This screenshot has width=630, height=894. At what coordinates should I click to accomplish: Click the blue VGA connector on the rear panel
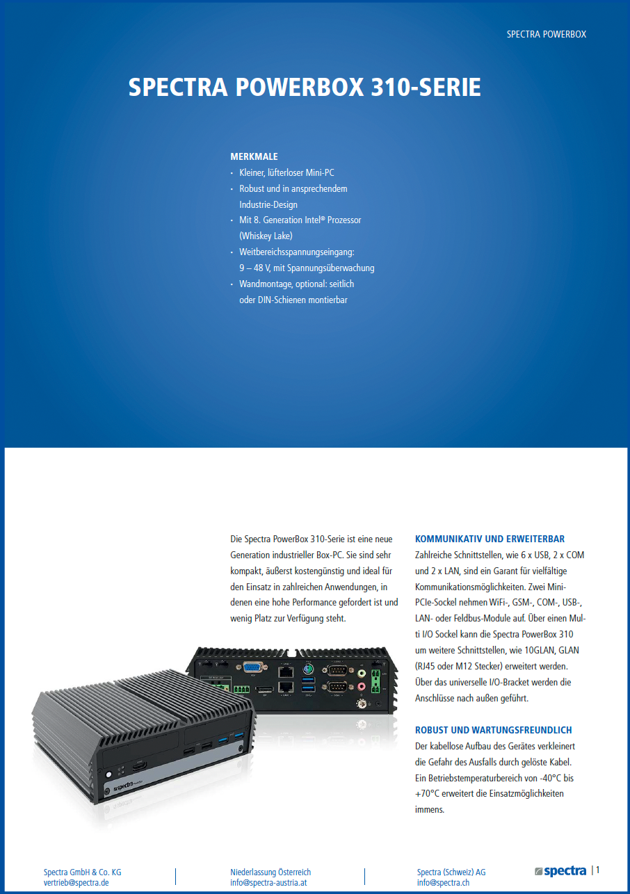[x=253, y=667]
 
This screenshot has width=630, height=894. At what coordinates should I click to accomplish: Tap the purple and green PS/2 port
[x=307, y=669]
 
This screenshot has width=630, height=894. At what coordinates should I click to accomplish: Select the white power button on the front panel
[x=108, y=774]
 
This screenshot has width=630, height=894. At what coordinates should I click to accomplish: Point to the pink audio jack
[x=362, y=686]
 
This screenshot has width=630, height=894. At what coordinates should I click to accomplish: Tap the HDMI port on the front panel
[x=139, y=766]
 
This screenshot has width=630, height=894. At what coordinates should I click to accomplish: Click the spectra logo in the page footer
[x=560, y=870]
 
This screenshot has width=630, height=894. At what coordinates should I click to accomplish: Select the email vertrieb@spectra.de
[x=76, y=882]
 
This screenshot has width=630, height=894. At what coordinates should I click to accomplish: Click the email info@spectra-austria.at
[x=268, y=882]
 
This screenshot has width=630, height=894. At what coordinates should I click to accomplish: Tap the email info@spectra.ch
[x=443, y=882]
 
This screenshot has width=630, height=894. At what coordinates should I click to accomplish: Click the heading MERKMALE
[x=254, y=156]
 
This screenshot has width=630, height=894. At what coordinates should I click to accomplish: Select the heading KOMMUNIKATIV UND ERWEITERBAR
[x=490, y=539]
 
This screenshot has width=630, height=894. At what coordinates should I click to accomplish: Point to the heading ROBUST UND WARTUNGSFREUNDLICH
[x=494, y=730]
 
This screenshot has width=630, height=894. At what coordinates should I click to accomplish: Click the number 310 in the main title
[x=390, y=87]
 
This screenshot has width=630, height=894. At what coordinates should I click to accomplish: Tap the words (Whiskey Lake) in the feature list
[x=266, y=236]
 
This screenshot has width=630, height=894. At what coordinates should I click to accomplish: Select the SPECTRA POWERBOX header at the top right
[x=547, y=34]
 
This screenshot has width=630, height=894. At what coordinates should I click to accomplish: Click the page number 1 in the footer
[x=597, y=870]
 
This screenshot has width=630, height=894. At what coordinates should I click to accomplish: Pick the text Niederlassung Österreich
[x=270, y=872]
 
